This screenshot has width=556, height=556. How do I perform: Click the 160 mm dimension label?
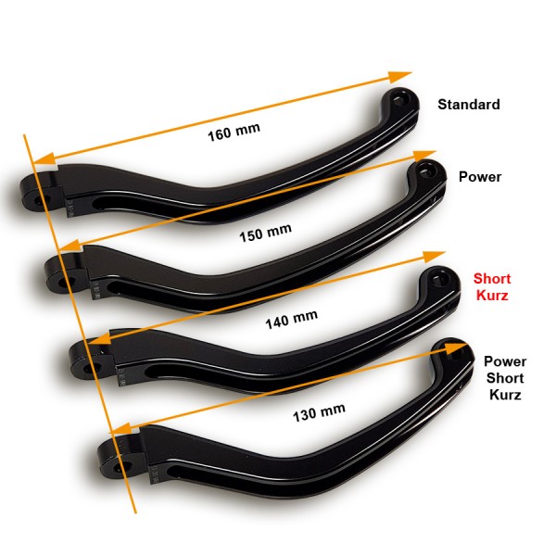[x=234, y=132]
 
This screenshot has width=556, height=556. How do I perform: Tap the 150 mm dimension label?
[x=266, y=233]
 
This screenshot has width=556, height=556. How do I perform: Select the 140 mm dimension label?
[x=292, y=320]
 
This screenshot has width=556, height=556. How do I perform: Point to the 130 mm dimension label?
[x=319, y=412]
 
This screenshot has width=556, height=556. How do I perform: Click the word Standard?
[x=469, y=104]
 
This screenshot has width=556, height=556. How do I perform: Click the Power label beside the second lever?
[x=480, y=177]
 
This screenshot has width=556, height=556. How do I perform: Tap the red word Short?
[x=492, y=279]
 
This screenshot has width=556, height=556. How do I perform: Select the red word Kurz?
[x=492, y=295]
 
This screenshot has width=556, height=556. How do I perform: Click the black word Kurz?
[x=505, y=395]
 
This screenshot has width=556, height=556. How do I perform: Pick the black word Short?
[x=505, y=378]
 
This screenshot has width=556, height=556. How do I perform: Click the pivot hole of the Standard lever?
[x=38, y=201]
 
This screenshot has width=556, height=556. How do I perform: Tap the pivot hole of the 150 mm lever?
[x=64, y=283]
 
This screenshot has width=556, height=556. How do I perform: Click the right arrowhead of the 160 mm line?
[x=400, y=76]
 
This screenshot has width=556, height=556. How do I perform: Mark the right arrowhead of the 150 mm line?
[x=424, y=156]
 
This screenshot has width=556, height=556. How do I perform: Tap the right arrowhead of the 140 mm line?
[x=434, y=257]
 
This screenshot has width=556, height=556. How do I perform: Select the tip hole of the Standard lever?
[x=400, y=100]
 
